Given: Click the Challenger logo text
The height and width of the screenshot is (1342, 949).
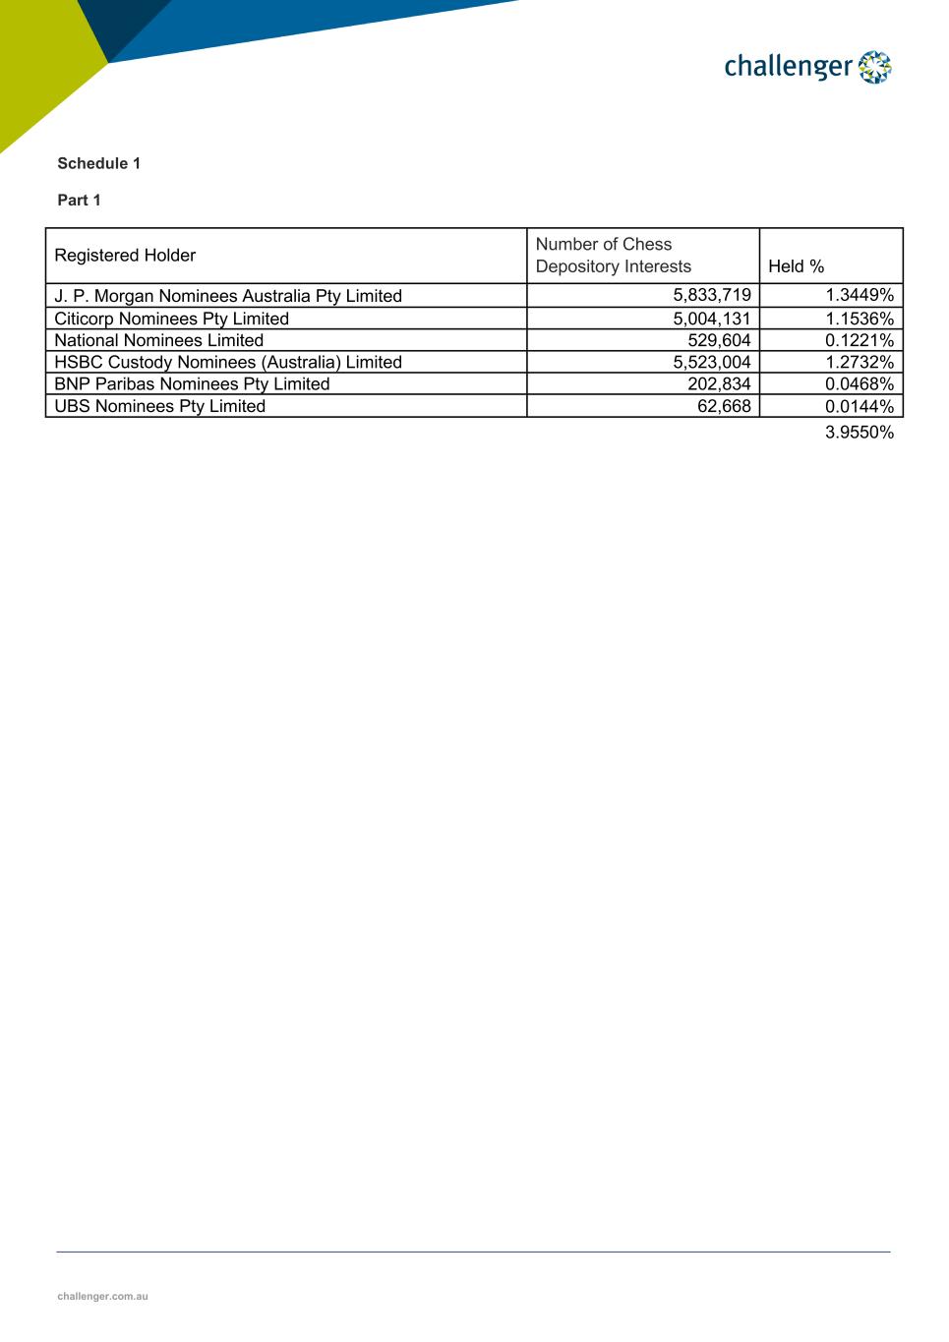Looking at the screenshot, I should coord(788,67).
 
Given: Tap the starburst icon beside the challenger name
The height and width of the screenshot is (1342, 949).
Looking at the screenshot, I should coord(874,67).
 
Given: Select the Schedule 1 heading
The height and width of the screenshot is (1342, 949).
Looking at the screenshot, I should coord(98,163).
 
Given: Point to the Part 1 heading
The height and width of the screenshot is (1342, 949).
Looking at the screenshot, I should coord(79,200).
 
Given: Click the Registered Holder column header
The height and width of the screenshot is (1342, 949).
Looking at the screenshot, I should coord(125,256).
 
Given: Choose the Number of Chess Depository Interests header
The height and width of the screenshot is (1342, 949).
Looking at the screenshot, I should coord(613,256).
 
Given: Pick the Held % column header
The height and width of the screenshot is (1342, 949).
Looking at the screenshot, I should coord(796,266).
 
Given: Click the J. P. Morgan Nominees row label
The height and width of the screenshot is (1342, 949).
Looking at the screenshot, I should coord(228,296).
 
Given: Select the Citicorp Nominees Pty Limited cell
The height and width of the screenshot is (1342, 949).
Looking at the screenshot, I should coord(171,319).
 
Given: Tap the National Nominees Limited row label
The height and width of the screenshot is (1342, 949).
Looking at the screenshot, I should coord(158,340).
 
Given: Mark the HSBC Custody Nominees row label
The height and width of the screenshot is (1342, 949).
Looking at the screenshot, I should coord(228,362).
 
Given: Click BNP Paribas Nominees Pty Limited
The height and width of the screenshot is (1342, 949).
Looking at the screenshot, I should coord(192,384).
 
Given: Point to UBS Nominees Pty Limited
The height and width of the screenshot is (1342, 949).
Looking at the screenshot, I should coord(159,406).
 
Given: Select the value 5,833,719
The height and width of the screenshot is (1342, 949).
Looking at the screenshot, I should coord(712,295).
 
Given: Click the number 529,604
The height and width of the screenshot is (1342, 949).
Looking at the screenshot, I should coord(719,340).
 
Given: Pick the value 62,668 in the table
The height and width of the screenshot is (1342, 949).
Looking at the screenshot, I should coord(724,406).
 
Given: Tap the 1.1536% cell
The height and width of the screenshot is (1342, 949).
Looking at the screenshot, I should coord(860,319).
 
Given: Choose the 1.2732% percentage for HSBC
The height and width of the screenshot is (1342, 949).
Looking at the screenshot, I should coord(860,362).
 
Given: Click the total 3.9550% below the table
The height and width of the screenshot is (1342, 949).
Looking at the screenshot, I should coord(860,433).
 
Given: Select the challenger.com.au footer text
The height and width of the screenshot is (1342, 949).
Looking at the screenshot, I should coord(102,1296).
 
